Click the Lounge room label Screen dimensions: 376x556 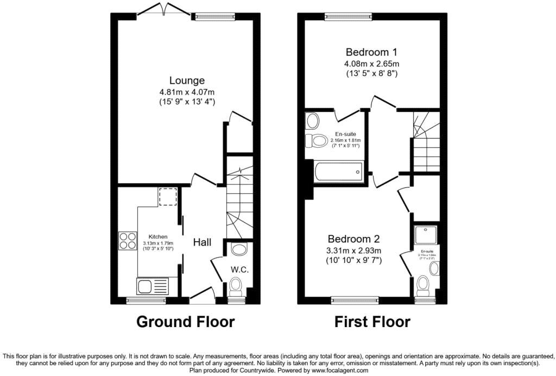click(186, 80)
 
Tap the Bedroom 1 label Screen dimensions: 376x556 click(371, 52)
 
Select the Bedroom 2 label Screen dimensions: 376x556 click(353, 239)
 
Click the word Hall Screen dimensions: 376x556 click(202, 242)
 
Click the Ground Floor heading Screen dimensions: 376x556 click(185, 322)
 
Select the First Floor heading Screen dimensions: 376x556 click(372, 322)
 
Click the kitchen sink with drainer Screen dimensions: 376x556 click(153, 286)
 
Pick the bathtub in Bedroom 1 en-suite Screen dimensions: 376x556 click(337, 172)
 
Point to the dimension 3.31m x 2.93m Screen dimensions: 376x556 click(353, 250)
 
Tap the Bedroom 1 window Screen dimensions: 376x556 click(349, 16)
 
